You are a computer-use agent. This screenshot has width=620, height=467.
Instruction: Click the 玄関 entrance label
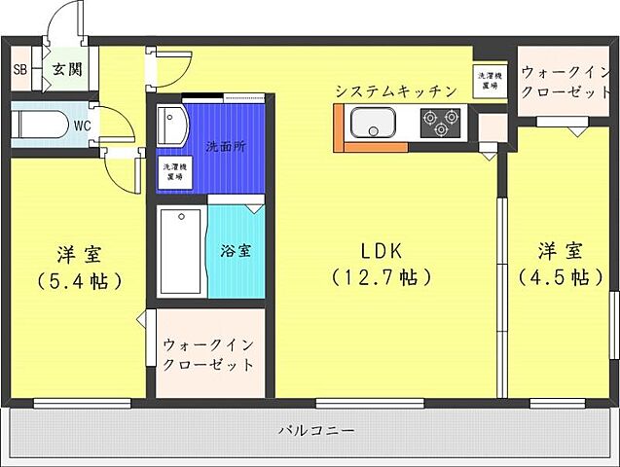coord(67,69)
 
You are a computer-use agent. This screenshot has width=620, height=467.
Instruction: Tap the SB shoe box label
coord(19,69)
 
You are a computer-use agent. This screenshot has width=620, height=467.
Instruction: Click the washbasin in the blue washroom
coord(173,126)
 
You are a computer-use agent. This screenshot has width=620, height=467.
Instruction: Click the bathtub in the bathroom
coord(180,251)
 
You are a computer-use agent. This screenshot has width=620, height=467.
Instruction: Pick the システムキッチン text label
coord(395,90)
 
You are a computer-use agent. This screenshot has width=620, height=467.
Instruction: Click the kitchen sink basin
coord(372,125)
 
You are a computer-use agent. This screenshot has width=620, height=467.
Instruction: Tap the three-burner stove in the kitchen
coord(440,125)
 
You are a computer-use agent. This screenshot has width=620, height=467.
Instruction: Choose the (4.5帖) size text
coord(552,277)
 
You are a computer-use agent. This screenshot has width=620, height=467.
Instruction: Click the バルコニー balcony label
coord(316,429)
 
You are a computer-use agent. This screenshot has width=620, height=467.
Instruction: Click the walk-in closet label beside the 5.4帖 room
coord(209,354)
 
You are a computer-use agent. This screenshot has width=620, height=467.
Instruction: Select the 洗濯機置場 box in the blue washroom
coord(176,172)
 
